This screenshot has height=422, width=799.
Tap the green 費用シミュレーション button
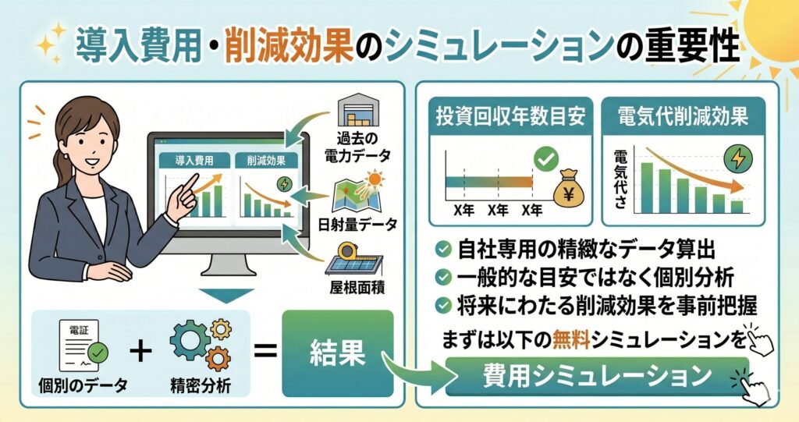click(597, 376)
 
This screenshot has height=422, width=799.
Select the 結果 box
click(337, 353)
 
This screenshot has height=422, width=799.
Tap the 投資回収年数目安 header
click(510, 116)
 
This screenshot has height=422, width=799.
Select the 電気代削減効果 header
click(683, 116)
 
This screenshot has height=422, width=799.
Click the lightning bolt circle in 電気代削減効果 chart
click(738, 158)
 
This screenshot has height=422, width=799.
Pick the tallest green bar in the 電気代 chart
click(647, 187)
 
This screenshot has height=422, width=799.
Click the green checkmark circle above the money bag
click(545, 159)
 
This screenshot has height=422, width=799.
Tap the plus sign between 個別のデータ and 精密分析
click(140, 351)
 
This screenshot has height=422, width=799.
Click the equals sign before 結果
click(265, 351)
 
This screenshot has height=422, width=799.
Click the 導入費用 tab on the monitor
click(194, 161)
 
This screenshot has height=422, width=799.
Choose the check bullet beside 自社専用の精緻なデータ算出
click(443, 250)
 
